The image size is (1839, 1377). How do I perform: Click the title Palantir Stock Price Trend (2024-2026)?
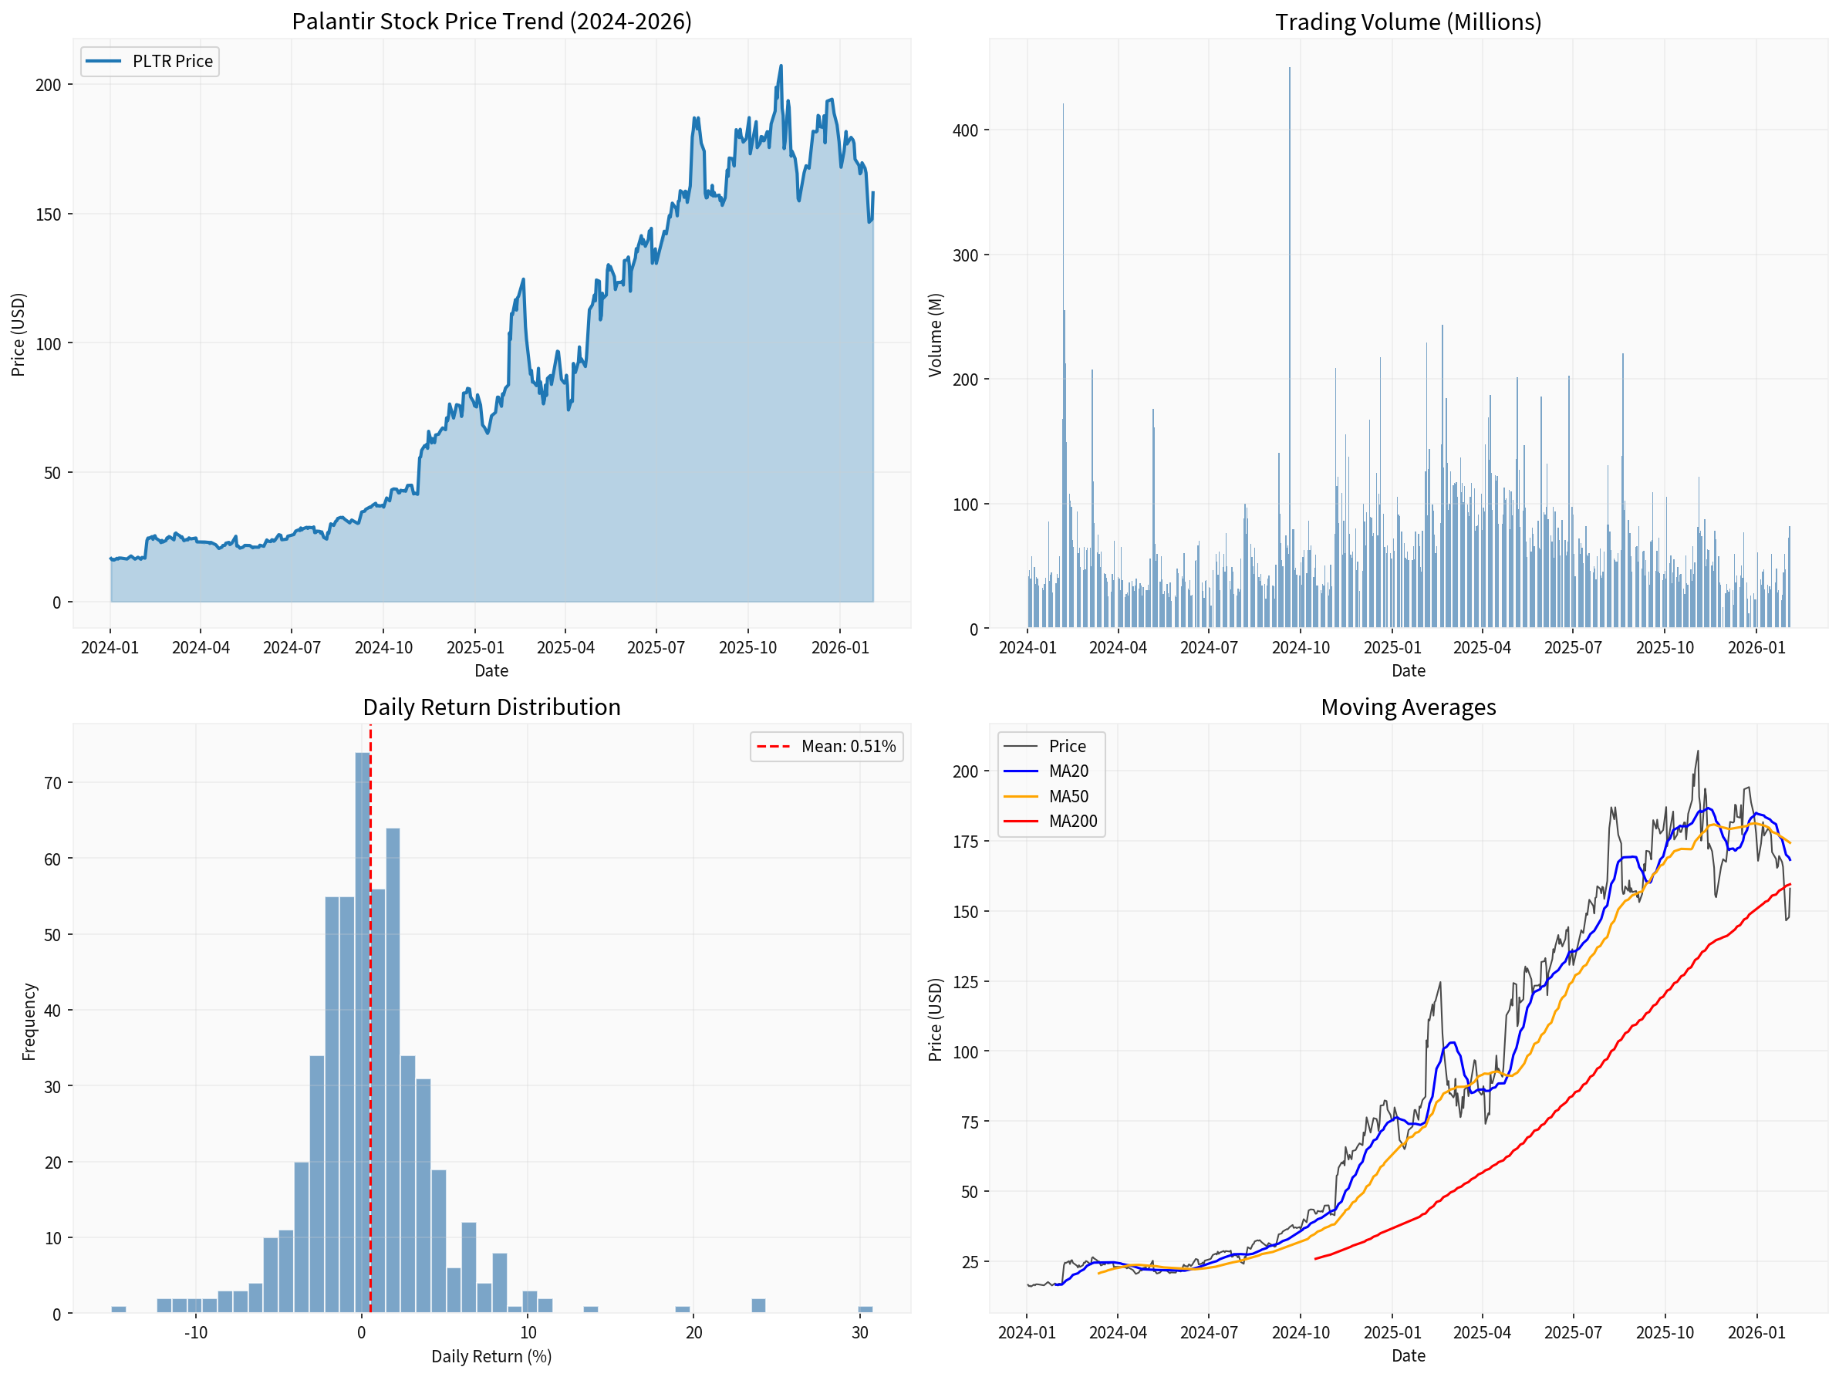click(491, 22)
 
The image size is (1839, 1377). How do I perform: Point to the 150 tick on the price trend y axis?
click(49, 214)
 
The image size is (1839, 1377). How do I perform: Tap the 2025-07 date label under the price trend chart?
click(656, 648)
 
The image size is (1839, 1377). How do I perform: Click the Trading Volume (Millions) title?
click(1408, 22)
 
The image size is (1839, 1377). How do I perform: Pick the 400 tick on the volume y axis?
click(964, 130)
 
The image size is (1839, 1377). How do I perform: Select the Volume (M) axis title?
click(935, 334)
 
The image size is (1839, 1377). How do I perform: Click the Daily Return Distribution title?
click(491, 707)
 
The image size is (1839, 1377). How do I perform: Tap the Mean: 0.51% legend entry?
click(826, 747)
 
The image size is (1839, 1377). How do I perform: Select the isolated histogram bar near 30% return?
click(865, 1310)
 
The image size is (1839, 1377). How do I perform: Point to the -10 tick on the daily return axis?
click(195, 1332)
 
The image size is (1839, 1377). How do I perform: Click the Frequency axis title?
click(29, 1021)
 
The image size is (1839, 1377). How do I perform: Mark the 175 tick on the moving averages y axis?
click(964, 842)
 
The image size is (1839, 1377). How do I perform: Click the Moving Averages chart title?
click(1408, 707)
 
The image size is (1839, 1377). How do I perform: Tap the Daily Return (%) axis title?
click(491, 1356)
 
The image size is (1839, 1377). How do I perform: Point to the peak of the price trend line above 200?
click(781, 66)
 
